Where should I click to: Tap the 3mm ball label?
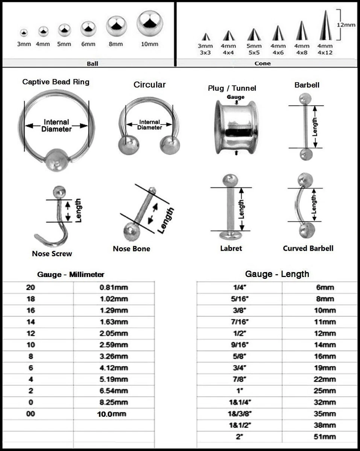click(24, 44)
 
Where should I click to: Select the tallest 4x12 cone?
click(325, 26)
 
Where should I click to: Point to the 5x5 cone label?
click(254, 49)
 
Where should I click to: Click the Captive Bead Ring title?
click(56, 82)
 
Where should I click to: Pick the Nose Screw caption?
click(52, 254)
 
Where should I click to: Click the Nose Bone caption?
click(131, 249)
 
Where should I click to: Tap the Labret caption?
click(231, 248)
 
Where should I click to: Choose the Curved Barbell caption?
click(308, 248)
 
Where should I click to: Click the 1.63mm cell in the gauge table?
click(114, 322)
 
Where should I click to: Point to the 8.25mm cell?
click(114, 402)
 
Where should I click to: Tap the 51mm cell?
click(325, 437)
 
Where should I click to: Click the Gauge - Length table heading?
click(277, 274)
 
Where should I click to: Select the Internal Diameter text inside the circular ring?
click(150, 125)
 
